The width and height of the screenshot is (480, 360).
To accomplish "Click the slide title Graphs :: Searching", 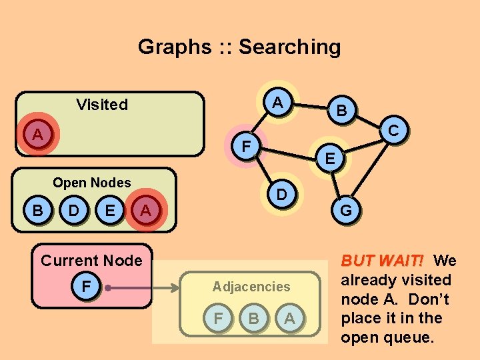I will (x=239, y=47).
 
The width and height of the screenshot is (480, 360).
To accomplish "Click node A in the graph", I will (x=280, y=103).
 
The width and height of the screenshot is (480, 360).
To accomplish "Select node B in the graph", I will (x=341, y=111).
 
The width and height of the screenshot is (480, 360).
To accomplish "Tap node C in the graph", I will (x=393, y=131).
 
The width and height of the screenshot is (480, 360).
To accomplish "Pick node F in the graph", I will (x=246, y=145).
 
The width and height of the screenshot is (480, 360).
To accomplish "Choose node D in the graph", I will (x=283, y=195).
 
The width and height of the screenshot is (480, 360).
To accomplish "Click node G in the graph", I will (x=346, y=211).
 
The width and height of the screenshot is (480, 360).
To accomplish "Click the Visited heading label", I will (x=102, y=105).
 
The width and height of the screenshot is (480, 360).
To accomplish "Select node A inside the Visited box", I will (x=38, y=135).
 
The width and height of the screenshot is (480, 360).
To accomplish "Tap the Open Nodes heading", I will (x=92, y=183).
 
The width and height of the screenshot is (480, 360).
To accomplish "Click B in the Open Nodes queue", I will (x=38, y=211).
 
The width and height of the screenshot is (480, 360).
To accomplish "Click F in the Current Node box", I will (x=86, y=287).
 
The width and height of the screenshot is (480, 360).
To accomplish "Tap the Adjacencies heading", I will (x=251, y=287).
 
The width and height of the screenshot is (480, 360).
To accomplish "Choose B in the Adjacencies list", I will (x=254, y=319).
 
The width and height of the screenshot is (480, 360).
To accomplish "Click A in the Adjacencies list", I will (x=289, y=319).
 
